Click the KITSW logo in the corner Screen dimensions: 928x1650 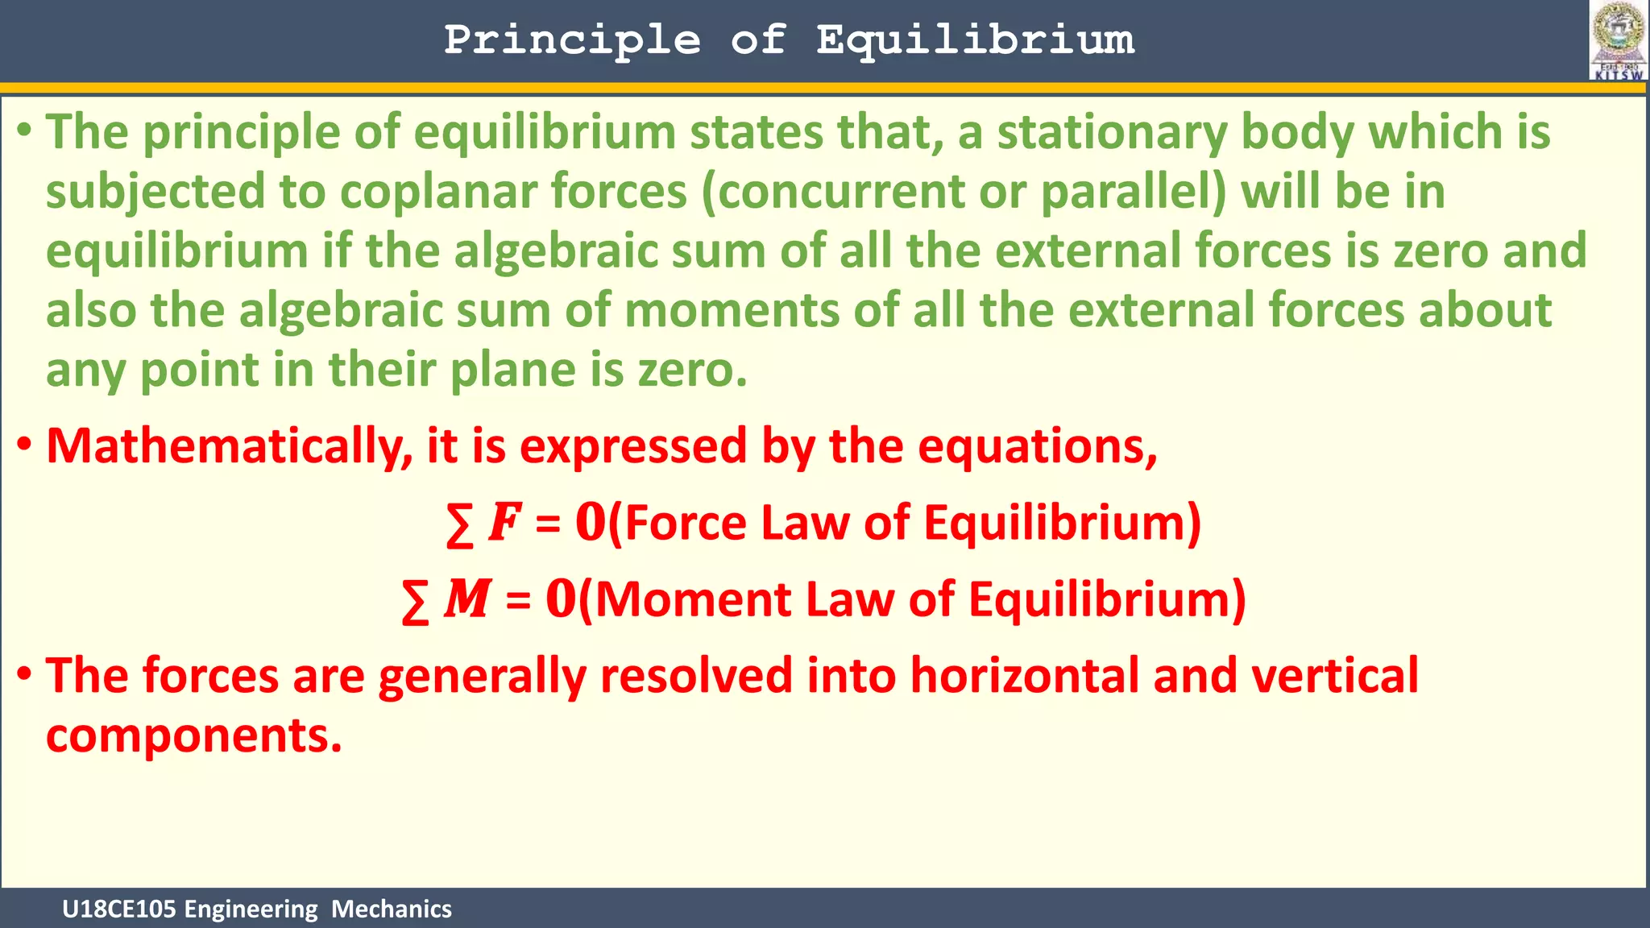tap(1618, 40)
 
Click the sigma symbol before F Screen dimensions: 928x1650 tap(459, 524)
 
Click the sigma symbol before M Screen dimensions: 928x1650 tap(415, 602)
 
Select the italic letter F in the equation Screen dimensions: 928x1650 tap(504, 522)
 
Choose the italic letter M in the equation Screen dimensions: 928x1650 tap(467, 599)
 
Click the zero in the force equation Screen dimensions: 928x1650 tap(590, 522)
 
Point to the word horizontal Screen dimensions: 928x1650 tap(1024, 675)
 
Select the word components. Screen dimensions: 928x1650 tap(193, 736)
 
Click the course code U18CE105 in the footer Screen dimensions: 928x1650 tap(119, 909)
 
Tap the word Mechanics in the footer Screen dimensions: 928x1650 tap(391, 909)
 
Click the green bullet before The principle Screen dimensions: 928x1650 tap(25, 130)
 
